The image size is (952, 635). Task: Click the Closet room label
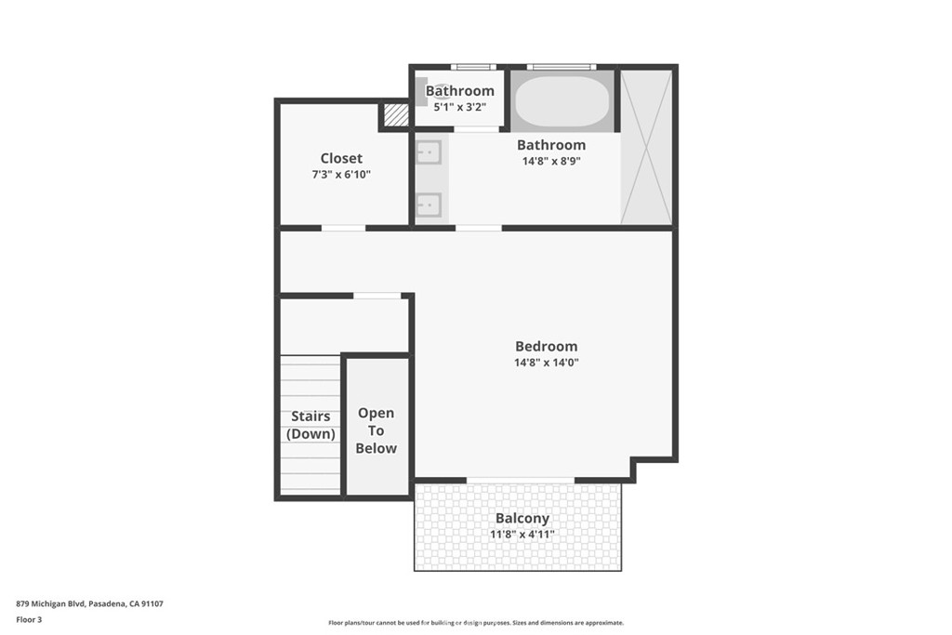pos(341,158)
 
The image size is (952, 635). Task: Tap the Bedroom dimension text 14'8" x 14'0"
pos(547,363)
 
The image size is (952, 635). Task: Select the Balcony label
pos(522,518)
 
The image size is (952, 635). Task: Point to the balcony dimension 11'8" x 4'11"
pos(522,535)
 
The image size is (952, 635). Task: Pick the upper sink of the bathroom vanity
pos(429,150)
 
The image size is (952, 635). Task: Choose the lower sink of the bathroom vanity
pos(429,204)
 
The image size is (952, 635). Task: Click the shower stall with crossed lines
pos(645,146)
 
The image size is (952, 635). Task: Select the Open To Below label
pos(376,430)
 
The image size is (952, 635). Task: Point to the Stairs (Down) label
pos(310,425)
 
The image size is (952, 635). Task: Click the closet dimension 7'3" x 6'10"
pos(341,174)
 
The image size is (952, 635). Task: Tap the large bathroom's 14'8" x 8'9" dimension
pos(551,160)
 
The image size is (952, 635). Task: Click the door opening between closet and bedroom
pos(343,228)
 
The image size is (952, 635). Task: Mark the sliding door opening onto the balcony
pos(521,480)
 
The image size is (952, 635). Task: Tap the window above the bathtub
pos(561,67)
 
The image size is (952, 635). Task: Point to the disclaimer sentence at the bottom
pos(475,623)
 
